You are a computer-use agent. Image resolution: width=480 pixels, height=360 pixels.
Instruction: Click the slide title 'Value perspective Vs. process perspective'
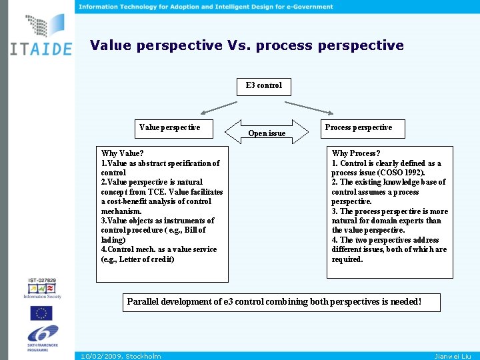[x=247, y=45]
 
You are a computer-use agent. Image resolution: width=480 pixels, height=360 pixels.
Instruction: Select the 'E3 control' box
[x=264, y=85]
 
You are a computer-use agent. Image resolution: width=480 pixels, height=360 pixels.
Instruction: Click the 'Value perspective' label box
[x=169, y=127]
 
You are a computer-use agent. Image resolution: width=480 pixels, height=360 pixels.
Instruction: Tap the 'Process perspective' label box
[x=358, y=127]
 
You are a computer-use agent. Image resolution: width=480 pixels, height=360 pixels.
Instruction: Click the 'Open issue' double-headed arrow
[x=266, y=131]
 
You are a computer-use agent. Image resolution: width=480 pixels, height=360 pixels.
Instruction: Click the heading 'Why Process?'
[x=356, y=153]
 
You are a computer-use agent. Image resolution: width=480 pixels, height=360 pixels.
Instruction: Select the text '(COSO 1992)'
[x=401, y=173]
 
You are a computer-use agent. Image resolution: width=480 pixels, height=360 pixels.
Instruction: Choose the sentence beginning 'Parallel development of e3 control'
[x=274, y=301]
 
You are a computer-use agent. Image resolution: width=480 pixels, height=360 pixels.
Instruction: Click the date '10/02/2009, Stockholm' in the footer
[x=120, y=356]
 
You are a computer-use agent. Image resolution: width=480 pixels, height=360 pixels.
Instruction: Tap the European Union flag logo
[x=41, y=313]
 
